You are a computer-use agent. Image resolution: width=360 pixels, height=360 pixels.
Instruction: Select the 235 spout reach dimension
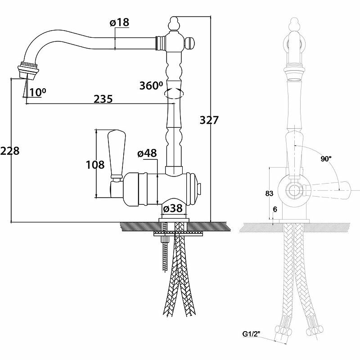coord(103,99)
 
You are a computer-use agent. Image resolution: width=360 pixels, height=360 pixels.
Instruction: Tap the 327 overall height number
coord(209,120)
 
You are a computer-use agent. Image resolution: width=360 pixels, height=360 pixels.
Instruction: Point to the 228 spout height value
coord(10,151)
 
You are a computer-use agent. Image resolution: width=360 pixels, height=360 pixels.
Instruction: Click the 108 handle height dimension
coord(95,165)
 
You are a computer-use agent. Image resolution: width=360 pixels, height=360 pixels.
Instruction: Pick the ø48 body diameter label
coord(147,153)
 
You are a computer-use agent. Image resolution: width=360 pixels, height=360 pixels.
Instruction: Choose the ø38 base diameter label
coord(173,209)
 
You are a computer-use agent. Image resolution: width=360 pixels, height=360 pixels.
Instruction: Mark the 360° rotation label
coord(151,85)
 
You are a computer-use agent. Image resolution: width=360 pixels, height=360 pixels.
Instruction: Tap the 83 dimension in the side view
coord(270,193)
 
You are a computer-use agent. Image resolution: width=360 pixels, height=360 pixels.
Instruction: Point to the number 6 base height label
coord(274,209)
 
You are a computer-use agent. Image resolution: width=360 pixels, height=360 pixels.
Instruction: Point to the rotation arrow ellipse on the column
coord(174,94)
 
